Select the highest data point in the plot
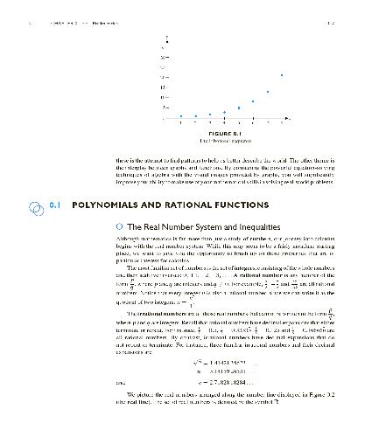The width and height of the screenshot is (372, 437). [x=282, y=75]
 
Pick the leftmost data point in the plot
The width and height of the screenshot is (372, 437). [x=181, y=115]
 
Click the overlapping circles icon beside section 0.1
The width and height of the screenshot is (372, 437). [x=34, y=206]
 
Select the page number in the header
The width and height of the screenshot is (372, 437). [x=351, y=10]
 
